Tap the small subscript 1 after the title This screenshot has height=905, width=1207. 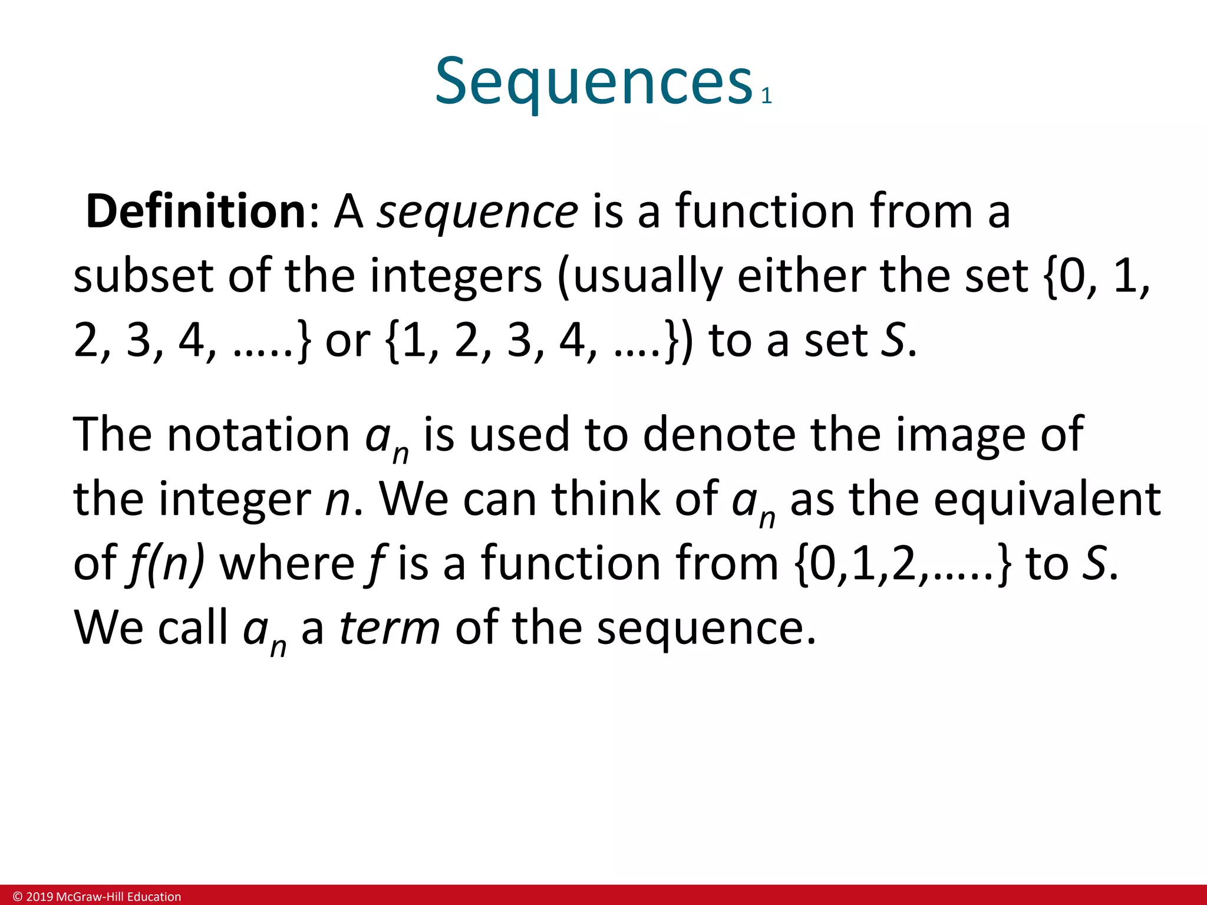766,96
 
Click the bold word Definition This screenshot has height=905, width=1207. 195,211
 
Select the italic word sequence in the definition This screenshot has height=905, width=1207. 477,212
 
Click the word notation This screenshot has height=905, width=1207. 259,435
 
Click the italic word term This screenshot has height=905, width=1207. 390,628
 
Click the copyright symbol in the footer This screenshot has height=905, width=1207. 18,897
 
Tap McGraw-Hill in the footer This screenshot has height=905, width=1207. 89,897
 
